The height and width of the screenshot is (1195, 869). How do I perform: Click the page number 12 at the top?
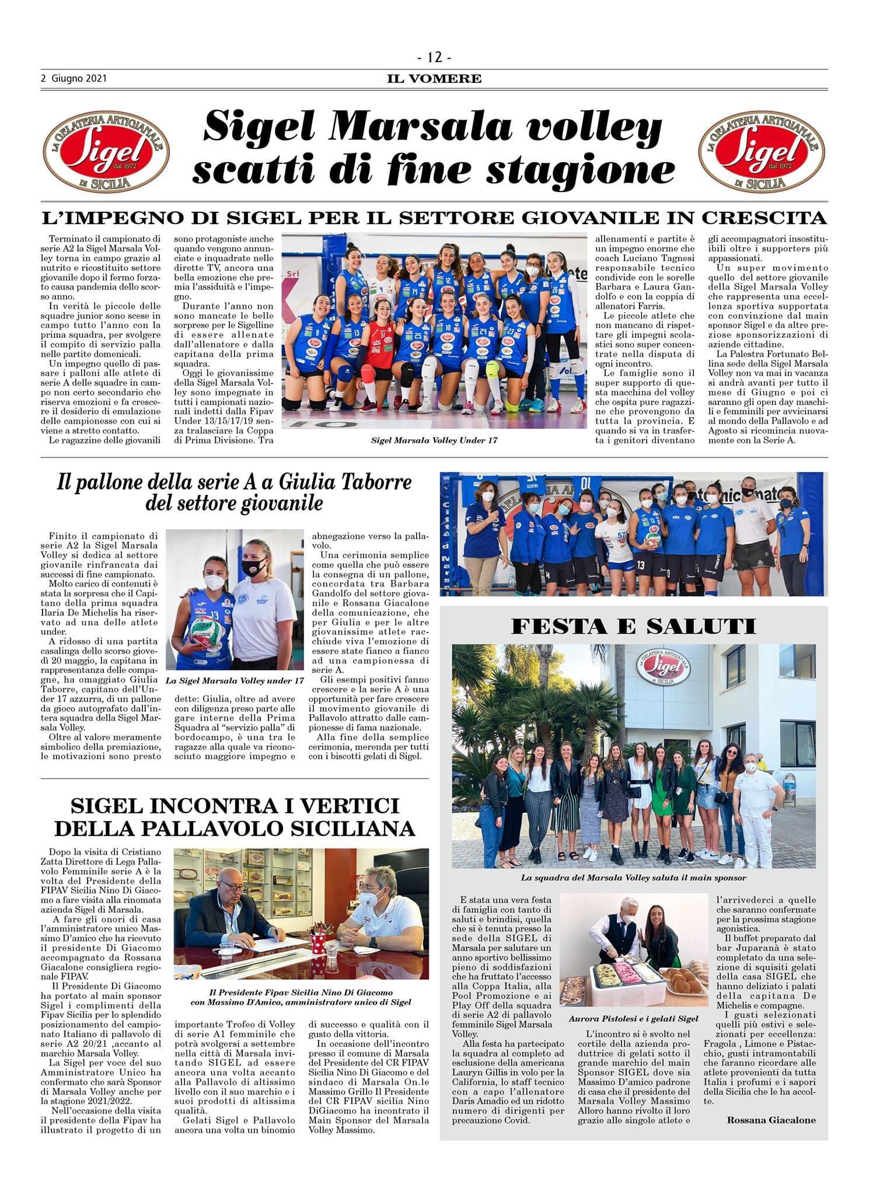[x=435, y=57]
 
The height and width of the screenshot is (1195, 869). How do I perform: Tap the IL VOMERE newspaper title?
[x=435, y=78]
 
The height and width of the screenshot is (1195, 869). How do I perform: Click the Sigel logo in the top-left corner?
[x=106, y=153]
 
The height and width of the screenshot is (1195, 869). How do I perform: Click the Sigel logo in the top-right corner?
[x=762, y=153]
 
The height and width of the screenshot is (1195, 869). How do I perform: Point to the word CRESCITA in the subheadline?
[x=763, y=218]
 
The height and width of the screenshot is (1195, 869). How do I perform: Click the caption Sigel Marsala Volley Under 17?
[x=434, y=440]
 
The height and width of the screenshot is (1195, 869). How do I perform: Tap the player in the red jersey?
[x=379, y=350]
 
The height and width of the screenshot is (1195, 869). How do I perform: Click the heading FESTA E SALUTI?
[x=633, y=626]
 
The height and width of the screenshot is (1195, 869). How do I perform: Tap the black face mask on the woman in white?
[x=254, y=568]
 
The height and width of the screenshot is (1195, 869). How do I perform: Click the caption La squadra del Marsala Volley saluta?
[x=633, y=877]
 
